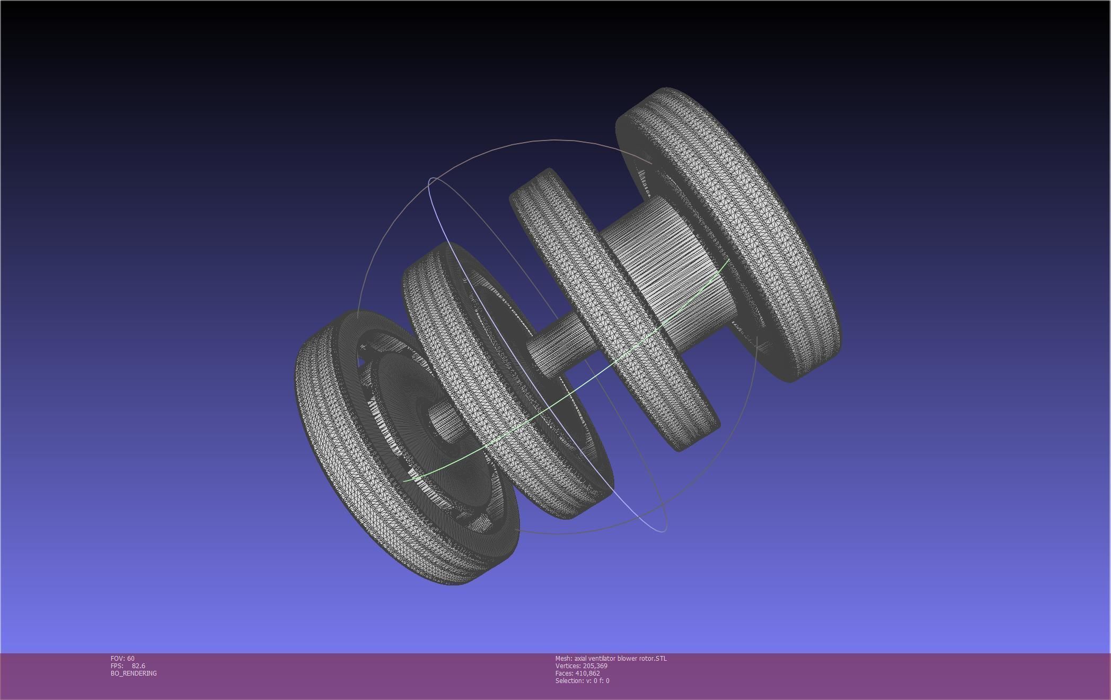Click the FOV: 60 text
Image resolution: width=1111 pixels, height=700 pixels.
pyautogui.click(x=122, y=658)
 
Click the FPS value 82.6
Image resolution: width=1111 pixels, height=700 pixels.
pyautogui.click(x=138, y=666)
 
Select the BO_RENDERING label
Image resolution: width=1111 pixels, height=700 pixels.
pyautogui.click(x=134, y=673)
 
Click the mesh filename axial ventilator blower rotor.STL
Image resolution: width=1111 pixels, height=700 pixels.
pyautogui.click(x=621, y=658)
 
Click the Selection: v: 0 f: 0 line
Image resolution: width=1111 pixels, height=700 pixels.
pyautogui.click(x=582, y=680)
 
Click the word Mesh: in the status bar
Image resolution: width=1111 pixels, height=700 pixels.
pyautogui.click(x=563, y=658)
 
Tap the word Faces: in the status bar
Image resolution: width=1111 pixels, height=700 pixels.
pyautogui.click(x=564, y=673)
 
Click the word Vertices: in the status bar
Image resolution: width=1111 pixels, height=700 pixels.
pyautogui.click(x=568, y=666)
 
